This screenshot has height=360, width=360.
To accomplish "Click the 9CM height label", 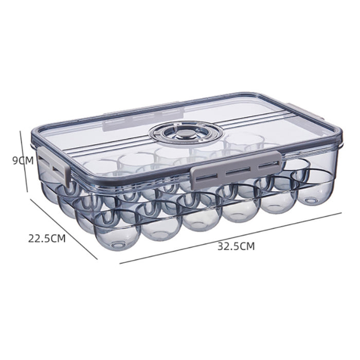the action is [23, 160].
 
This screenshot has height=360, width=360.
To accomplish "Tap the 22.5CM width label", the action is [47, 238].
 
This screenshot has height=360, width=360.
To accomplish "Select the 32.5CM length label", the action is [236, 246].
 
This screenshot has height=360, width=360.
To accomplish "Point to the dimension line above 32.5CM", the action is [230, 238].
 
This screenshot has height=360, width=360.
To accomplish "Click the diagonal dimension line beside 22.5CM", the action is [64, 229].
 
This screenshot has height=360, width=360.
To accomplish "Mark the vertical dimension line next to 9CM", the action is [24, 161].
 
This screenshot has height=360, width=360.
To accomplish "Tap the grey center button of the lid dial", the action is [186, 133].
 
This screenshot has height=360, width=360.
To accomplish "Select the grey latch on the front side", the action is [236, 170].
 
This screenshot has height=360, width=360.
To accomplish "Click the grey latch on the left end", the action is [54, 166].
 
